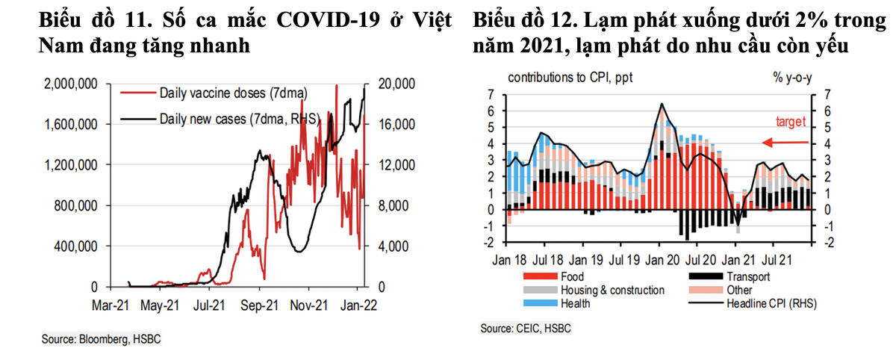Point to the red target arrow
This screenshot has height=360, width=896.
[x=784, y=143]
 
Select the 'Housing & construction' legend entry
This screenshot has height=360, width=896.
[x=612, y=290]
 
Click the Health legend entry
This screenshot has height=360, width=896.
[x=576, y=302]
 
